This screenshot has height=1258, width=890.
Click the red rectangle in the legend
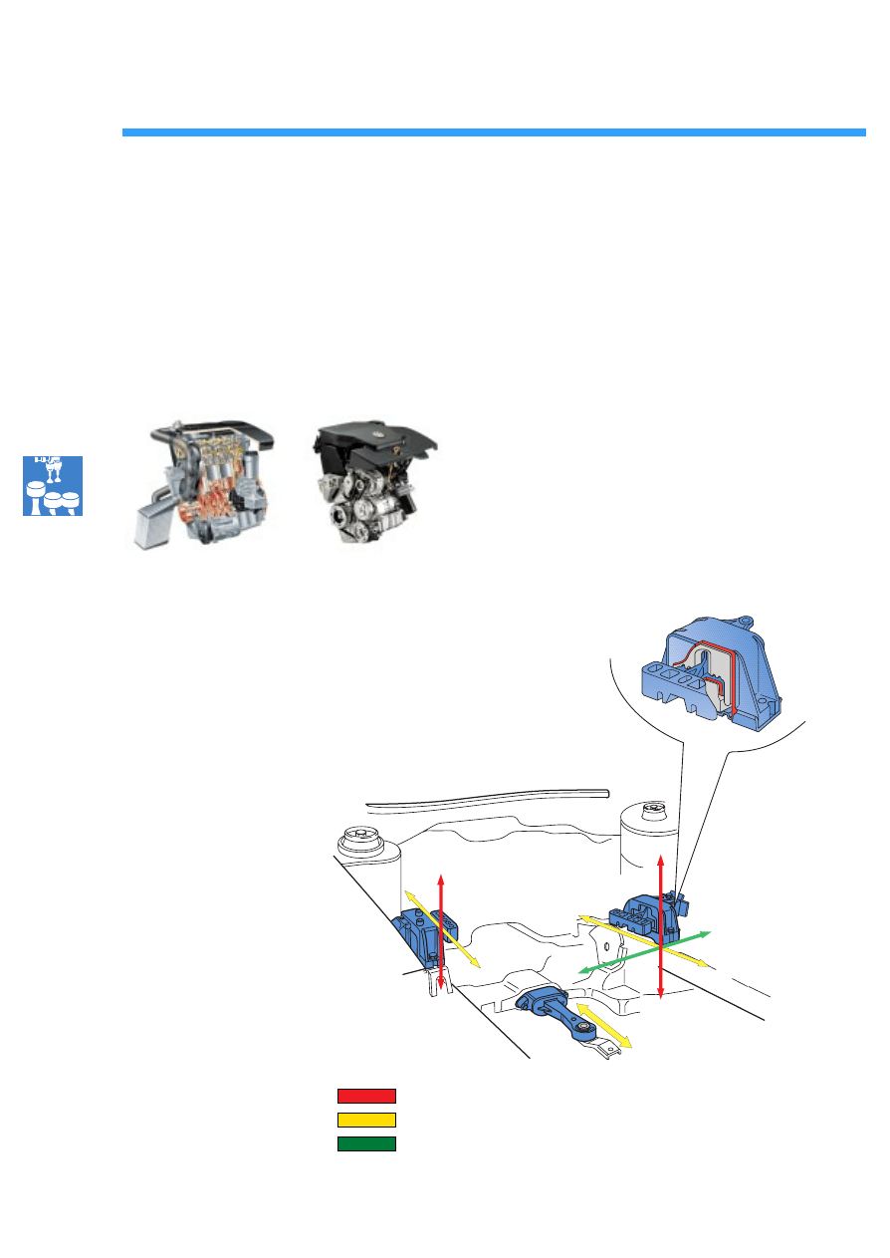coord(366,1096)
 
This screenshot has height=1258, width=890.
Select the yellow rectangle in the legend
coord(366,1120)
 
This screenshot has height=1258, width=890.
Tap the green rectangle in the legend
coord(366,1143)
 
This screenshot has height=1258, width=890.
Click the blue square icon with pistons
coord(53,485)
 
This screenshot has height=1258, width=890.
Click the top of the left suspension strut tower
coord(359,838)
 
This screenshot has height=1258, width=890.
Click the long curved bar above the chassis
coord(488,797)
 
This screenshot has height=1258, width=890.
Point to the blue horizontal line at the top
coord(494,131)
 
